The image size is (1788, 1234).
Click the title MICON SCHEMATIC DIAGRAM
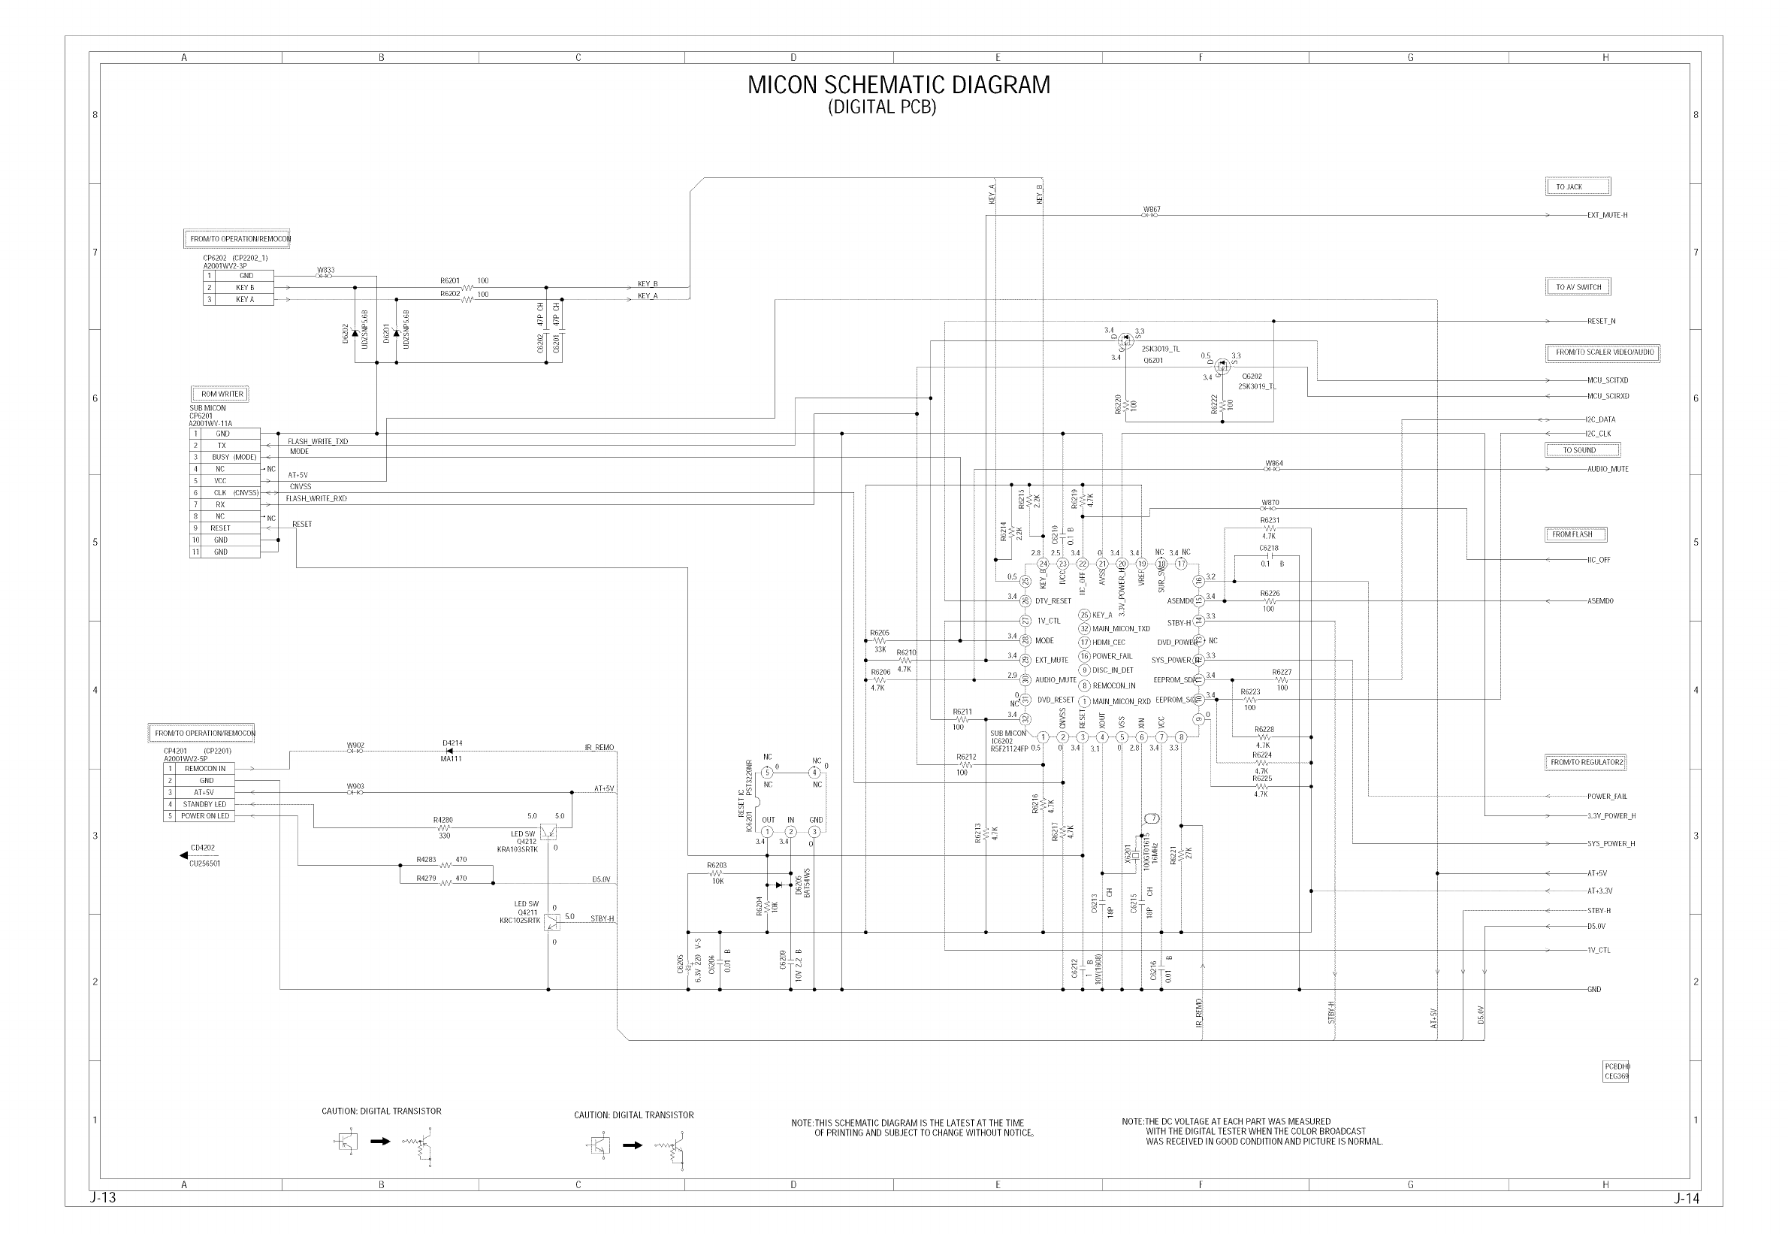(898, 84)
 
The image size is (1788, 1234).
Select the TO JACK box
(1577, 186)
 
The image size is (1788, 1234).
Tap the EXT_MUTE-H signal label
(1606, 215)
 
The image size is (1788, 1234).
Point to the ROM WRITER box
(221, 394)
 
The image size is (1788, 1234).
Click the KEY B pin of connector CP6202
(244, 288)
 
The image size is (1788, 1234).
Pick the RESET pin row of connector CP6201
(220, 528)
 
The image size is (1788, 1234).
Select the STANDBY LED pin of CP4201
(205, 804)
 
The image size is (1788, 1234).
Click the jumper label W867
(1150, 209)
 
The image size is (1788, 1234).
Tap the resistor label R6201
(449, 280)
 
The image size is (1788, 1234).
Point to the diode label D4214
(452, 743)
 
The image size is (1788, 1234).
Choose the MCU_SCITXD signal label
(1607, 380)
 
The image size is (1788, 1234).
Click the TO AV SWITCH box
(1578, 287)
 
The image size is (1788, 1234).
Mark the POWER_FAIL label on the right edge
(1606, 796)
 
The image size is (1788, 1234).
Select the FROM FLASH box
(1575, 534)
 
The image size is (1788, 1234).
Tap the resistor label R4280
(442, 820)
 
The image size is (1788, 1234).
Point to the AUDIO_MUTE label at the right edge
(1607, 469)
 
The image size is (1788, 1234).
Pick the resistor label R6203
(716, 865)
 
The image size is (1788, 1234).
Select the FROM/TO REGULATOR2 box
(1587, 762)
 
